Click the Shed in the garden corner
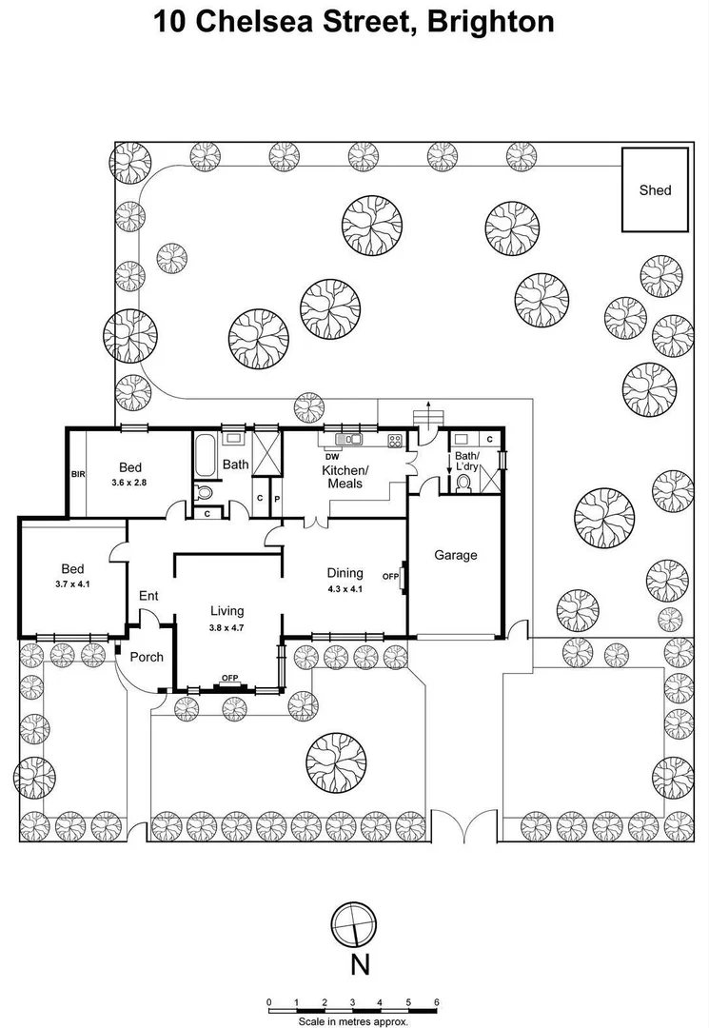tap(655, 189)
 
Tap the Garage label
tap(456, 555)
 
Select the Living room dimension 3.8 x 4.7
tap(227, 628)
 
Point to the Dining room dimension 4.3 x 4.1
tap(345, 589)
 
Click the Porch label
tap(146, 657)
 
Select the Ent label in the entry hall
tap(148, 596)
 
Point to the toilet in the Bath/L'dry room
tap(463, 483)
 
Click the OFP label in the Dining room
tap(390, 577)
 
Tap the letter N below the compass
tap(360, 965)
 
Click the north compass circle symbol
tap(354, 922)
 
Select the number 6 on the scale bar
tap(436, 1002)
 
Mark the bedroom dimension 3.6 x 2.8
tap(130, 484)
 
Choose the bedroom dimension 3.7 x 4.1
tap(72, 583)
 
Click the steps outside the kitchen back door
tap(431, 415)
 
